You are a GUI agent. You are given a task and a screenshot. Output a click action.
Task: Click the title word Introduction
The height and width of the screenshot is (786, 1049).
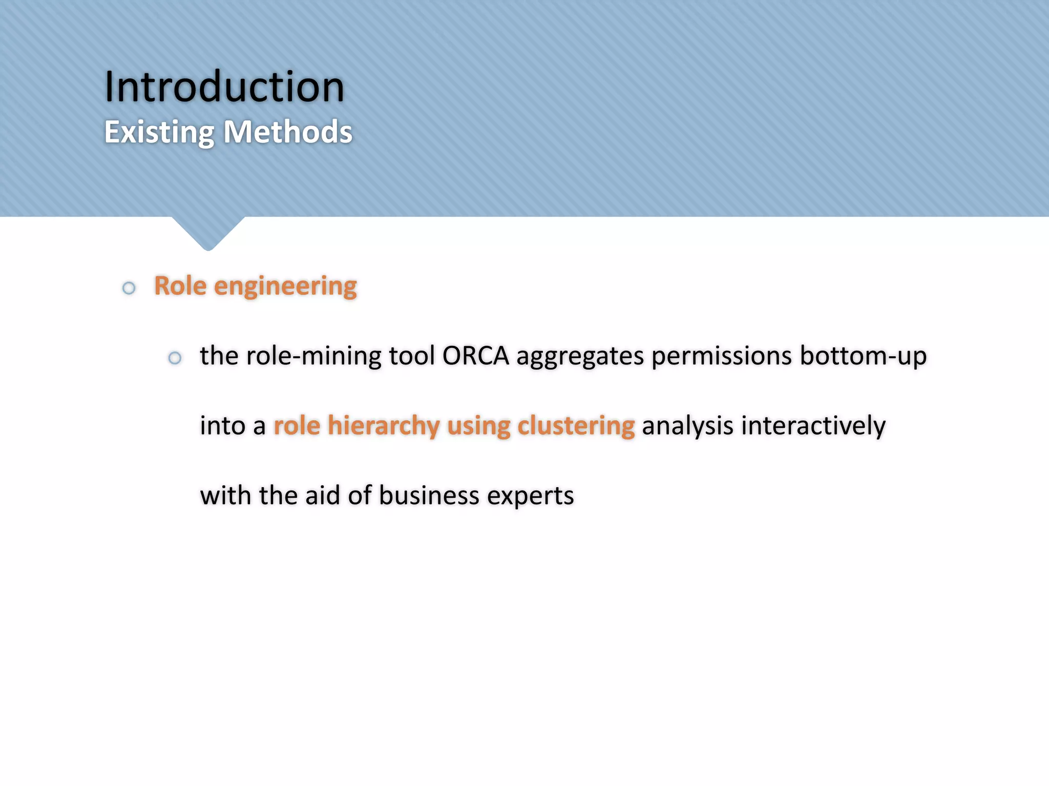coord(224,87)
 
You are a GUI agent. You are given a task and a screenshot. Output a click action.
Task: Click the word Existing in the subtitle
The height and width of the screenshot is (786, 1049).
coord(159,133)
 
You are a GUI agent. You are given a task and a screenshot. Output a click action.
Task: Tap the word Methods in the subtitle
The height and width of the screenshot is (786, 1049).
coord(288,132)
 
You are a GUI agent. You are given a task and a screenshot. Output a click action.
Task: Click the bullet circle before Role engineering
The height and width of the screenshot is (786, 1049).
coord(129,288)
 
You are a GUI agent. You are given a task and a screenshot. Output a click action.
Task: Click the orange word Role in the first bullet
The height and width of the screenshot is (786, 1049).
coord(180,286)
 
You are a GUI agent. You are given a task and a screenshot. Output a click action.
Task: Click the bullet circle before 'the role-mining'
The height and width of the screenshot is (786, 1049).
coord(175,358)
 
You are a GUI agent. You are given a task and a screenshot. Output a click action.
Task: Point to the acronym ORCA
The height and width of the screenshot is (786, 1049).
coord(475,356)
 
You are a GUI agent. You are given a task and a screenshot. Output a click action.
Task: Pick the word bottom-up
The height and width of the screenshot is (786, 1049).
coord(863,356)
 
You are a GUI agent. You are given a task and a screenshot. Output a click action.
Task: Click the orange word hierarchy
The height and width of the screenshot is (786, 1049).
coord(384,426)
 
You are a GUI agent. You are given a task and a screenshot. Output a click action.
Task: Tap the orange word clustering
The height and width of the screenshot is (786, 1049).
coord(576,426)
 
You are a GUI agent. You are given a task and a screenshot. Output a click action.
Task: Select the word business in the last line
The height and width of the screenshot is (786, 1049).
coord(429,495)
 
